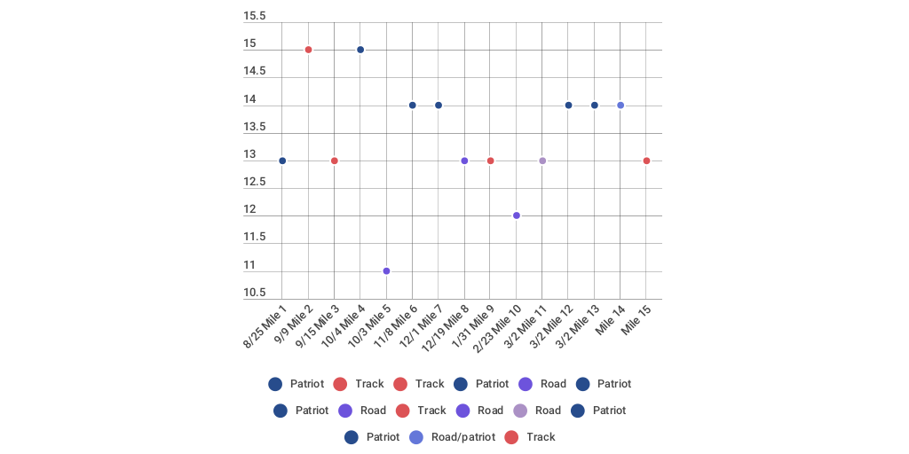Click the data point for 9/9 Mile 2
coord(308,50)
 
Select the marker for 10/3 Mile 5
coord(386,271)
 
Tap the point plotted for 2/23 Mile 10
coord(517,215)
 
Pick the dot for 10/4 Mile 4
coord(360,50)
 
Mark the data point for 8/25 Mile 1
coord(282,160)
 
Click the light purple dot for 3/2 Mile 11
coord(542,160)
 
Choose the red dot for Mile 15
coord(646,160)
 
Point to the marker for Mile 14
coord(620,106)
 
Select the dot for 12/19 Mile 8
coord(464,160)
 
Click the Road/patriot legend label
coord(463,437)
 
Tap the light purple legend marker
coord(520,411)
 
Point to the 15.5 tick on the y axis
coord(255,16)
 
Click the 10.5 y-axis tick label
coord(255,293)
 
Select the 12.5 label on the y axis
coord(255,182)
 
